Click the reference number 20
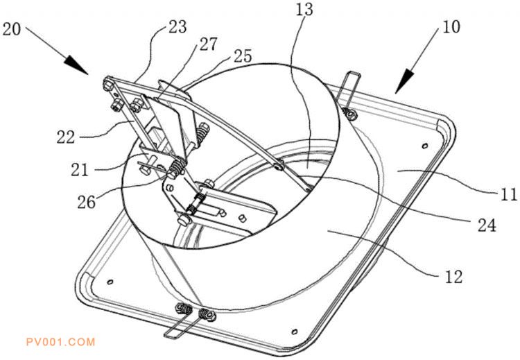pos(12,29)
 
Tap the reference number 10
pos(451,26)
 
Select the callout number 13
pos(304,9)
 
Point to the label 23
pos(177,26)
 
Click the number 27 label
pos(208,44)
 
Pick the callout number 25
pos(243,55)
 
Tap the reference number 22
pos(65,137)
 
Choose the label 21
pos(80,170)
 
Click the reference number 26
pos(87,201)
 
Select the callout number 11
pos(509,194)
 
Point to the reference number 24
pos(487,225)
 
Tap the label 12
pos(453,276)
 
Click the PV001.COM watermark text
pos(61,342)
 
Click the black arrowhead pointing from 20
pos(76,65)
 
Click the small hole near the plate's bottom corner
pos(294,331)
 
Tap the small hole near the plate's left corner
pos(110,282)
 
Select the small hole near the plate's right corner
pos(424,146)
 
